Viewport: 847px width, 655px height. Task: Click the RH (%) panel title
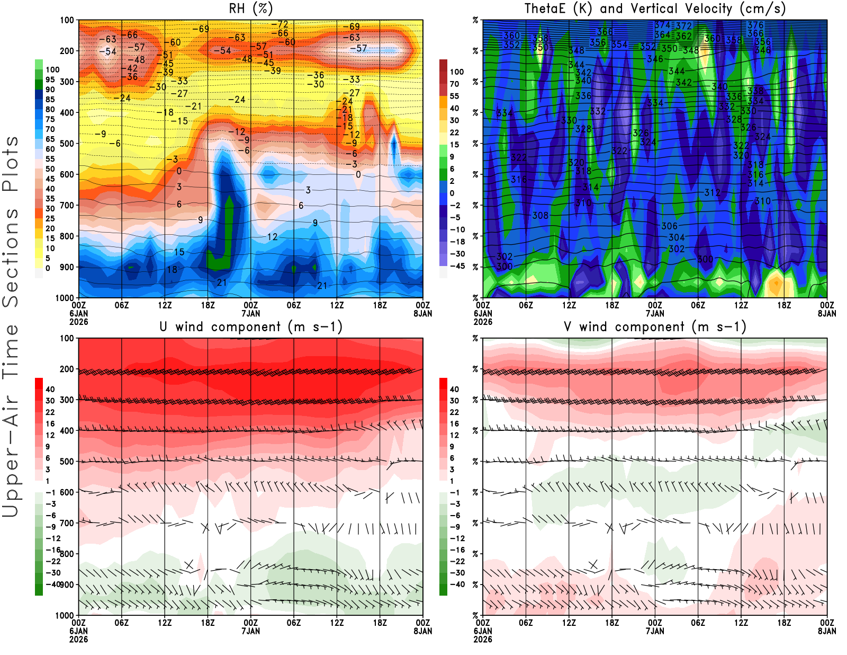click(251, 8)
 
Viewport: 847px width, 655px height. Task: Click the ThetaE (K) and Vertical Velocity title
click(655, 8)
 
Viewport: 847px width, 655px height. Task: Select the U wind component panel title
click(251, 326)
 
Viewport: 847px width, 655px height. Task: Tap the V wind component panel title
click(655, 326)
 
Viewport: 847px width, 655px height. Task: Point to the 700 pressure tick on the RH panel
click(67, 205)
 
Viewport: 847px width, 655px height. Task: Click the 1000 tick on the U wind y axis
click(65, 615)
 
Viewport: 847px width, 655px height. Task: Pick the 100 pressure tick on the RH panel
click(67, 20)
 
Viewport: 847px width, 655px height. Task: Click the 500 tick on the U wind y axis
click(67, 461)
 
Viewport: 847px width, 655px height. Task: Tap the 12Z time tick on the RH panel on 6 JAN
click(165, 305)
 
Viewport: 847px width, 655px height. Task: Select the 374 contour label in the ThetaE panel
click(662, 25)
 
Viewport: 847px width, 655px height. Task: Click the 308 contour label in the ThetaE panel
click(540, 215)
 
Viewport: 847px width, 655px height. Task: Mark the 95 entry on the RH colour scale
click(50, 79)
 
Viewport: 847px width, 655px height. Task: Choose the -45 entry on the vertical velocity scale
click(457, 266)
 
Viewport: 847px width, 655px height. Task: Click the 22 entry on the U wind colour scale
click(50, 412)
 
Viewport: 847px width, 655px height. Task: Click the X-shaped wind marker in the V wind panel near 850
click(593, 565)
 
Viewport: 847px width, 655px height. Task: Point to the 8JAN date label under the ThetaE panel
click(827, 313)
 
